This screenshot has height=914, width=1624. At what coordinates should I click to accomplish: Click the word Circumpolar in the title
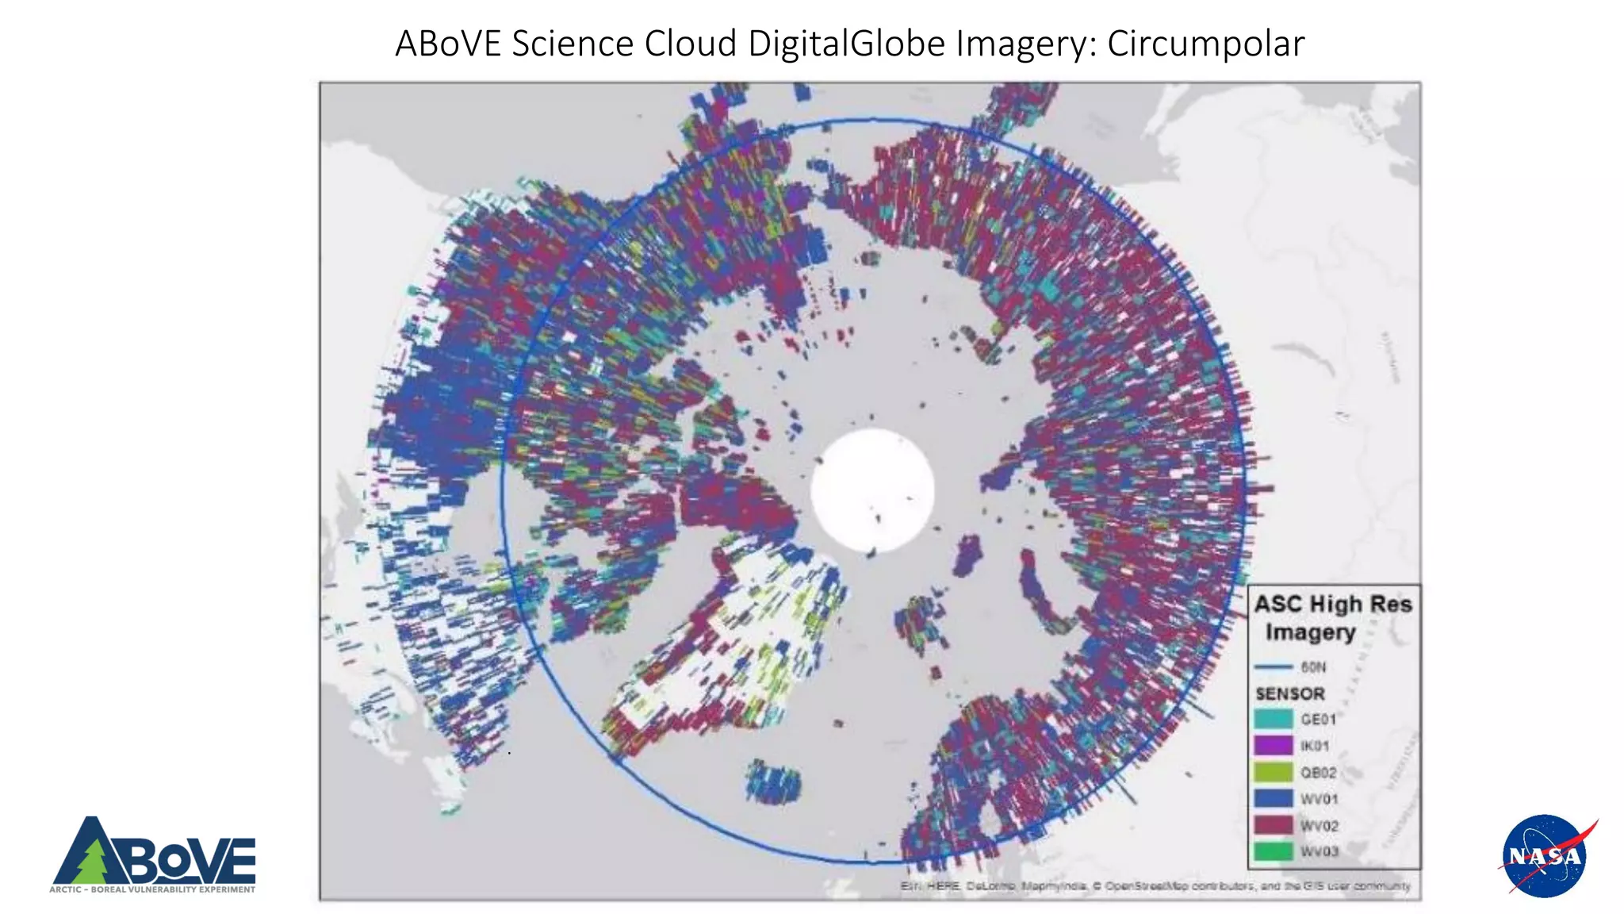click(x=1205, y=44)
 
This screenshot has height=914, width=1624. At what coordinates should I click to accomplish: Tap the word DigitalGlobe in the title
click(x=847, y=44)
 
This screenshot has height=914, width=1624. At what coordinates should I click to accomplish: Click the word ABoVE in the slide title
click(x=448, y=44)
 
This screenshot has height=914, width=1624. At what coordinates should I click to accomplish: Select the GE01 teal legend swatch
click(x=1273, y=719)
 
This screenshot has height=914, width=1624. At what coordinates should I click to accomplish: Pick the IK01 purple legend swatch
click(x=1273, y=746)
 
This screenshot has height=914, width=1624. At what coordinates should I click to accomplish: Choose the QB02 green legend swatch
click(x=1273, y=772)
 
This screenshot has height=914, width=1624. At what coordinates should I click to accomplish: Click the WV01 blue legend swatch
click(x=1273, y=798)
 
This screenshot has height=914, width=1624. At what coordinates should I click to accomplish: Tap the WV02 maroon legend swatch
click(x=1273, y=825)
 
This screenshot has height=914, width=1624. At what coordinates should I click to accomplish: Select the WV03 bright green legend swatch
click(x=1273, y=851)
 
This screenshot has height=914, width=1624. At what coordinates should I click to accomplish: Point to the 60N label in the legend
click(x=1313, y=666)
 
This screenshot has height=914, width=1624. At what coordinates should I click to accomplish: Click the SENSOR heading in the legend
click(x=1290, y=693)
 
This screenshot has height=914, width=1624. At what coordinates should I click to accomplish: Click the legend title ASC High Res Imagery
click(x=1332, y=617)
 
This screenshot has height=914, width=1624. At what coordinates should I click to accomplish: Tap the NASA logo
click(x=1545, y=856)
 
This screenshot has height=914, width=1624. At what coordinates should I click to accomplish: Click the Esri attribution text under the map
click(x=1155, y=885)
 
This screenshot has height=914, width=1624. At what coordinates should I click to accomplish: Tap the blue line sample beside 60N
click(x=1274, y=666)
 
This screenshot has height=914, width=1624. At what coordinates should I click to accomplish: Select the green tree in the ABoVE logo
click(x=94, y=861)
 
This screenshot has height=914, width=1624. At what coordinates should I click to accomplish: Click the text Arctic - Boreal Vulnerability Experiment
click(x=152, y=889)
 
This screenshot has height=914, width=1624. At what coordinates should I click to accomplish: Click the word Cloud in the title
click(x=691, y=44)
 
